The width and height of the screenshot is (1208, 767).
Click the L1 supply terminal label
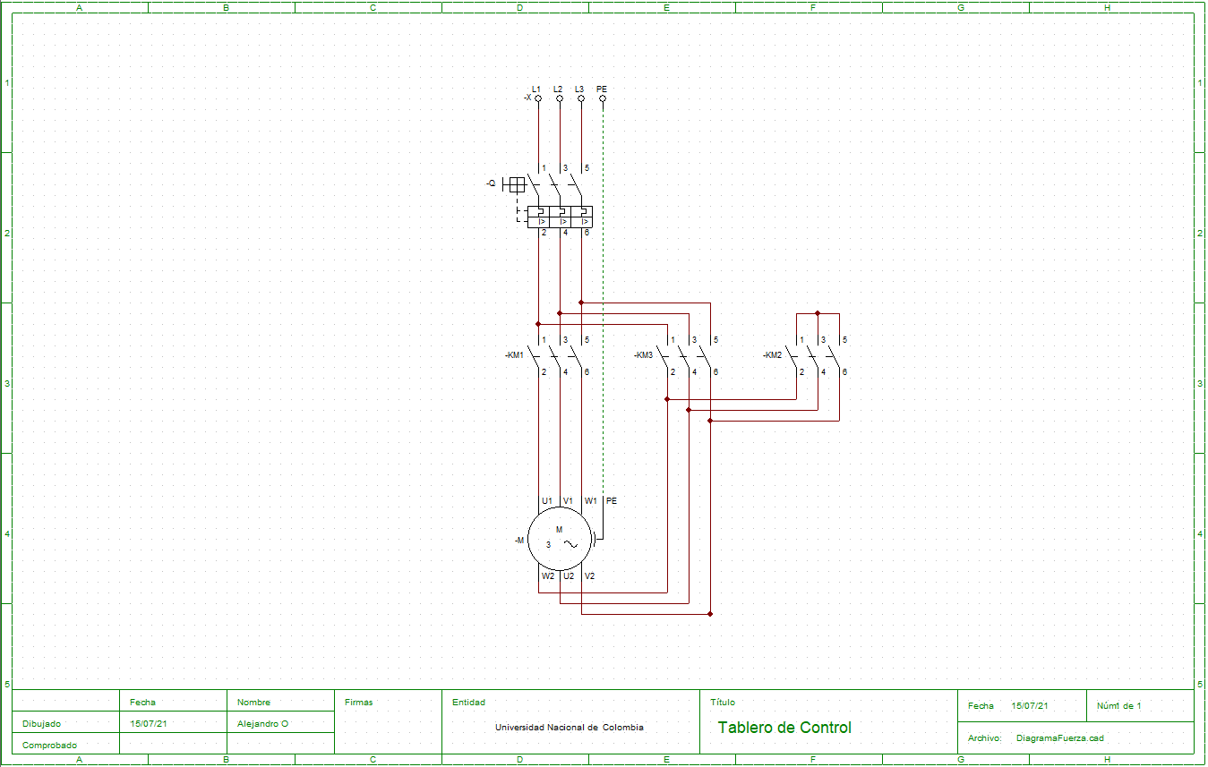[536, 89]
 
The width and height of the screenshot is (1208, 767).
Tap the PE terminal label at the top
[602, 89]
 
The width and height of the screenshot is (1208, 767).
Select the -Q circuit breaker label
[491, 183]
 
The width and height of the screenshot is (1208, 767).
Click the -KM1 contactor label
[514, 355]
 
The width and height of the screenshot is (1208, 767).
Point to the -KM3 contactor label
[643, 355]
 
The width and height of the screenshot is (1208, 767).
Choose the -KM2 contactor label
[772, 355]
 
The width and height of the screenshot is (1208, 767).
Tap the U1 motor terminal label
[546, 501]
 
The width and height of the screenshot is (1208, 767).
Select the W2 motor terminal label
[547, 576]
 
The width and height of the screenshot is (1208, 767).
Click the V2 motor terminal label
[589, 576]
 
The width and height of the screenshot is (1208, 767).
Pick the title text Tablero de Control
[784, 728]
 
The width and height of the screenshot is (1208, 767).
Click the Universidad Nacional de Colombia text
[569, 728]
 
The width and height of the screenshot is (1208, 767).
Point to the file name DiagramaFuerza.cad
[1060, 738]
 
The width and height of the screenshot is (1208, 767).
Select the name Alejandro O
[262, 724]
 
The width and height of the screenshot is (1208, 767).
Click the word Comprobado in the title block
[49, 746]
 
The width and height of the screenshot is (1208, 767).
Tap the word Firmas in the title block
[358, 703]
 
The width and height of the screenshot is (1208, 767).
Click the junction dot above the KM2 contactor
[818, 313]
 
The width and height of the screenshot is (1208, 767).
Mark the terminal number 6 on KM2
[844, 371]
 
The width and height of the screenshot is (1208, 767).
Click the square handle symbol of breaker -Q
[517, 184]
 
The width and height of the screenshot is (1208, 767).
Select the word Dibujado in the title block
[42, 724]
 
